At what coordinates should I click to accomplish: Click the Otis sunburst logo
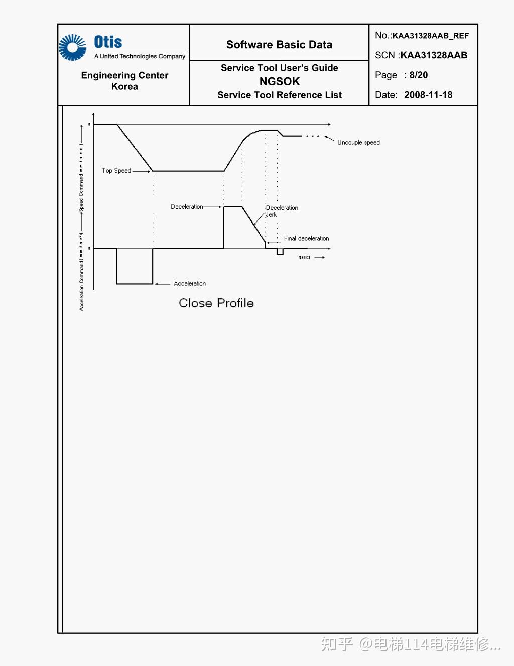tap(73, 48)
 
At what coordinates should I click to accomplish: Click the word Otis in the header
tap(108, 42)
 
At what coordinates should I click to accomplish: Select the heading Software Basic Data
tap(279, 45)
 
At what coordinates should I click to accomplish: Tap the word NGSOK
tap(279, 81)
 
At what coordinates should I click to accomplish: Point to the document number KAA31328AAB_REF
tap(430, 36)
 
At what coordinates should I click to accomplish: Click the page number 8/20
tap(419, 75)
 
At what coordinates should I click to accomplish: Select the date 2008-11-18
tap(428, 95)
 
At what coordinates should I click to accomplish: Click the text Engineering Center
tap(124, 75)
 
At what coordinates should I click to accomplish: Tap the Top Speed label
tap(116, 171)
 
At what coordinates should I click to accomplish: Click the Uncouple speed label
tap(358, 143)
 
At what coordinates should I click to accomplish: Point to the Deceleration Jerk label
tap(282, 211)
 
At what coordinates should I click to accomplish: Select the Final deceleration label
tap(306, 238)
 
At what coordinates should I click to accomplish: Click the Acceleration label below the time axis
tap(190, 284)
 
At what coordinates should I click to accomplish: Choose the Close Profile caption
tap(216, 303)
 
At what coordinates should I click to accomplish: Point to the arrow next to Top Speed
tap(142, 171)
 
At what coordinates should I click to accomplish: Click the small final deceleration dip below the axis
tap(280, 252)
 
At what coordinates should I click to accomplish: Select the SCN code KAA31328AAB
tap(434, 55)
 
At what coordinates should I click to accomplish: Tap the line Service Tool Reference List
tap(279, 95)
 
